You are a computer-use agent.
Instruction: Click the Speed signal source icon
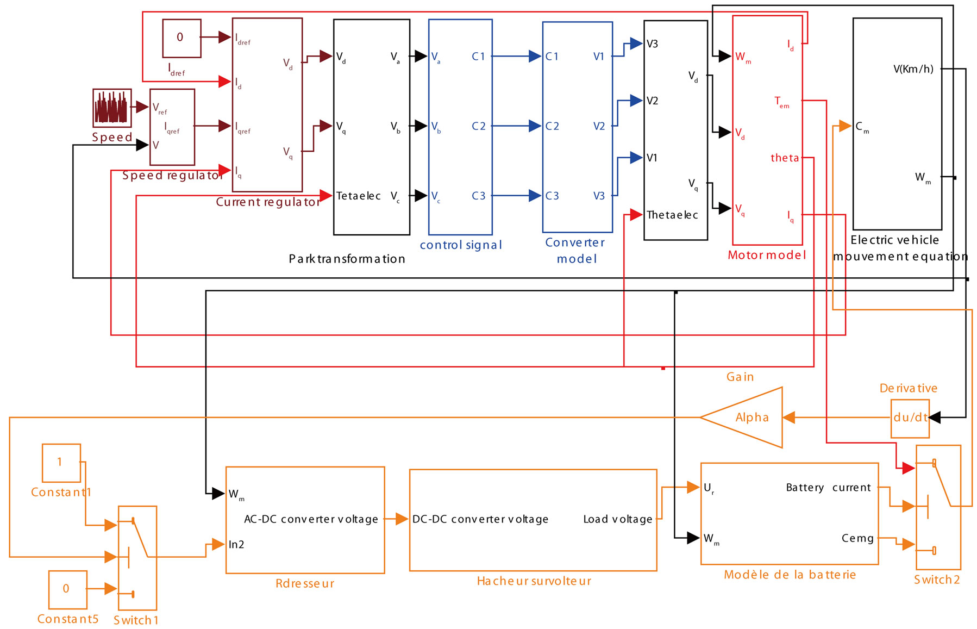coord(112,108)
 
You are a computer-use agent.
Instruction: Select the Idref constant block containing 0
coord(181,38)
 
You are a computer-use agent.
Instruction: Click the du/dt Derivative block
coord(910,418)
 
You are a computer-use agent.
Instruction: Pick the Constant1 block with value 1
coord(61,463)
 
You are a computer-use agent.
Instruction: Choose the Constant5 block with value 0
coord(67,589)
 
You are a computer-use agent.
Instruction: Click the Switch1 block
coord(137,557)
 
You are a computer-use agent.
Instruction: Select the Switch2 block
coord(938,507)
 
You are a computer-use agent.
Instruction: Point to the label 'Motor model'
coord(767,255)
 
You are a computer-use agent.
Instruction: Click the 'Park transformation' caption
coord(347,259)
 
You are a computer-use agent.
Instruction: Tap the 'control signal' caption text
coord(461,245)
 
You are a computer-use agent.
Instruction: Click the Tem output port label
coord(782,102)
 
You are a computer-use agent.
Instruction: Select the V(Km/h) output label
coord(913,69)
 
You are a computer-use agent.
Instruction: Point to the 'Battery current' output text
coord(828,488)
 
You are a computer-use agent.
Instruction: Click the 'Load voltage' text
coord(618,519)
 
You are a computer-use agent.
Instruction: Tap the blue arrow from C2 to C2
coord(516,126)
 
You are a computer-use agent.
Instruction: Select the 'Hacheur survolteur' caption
coord(534,581)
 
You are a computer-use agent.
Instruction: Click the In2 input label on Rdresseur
coord(236,545)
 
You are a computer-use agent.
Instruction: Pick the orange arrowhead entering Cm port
coord(844,126)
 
